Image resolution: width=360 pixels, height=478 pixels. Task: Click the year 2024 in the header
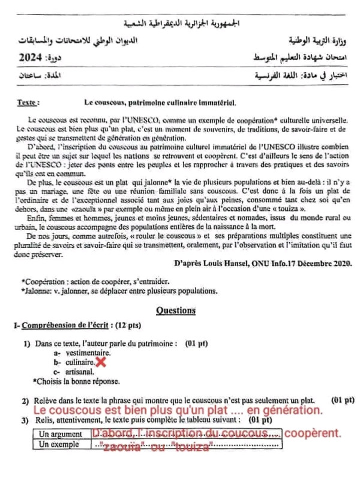[31, 58]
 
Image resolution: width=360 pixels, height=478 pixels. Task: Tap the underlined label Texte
[28, 103]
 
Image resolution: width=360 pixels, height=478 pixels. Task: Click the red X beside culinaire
[101, 363]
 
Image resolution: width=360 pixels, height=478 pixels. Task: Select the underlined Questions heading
[175, 310]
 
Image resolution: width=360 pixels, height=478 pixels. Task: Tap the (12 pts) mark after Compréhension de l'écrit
[127, 325]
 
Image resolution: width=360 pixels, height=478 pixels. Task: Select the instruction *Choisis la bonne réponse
[79, 381]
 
